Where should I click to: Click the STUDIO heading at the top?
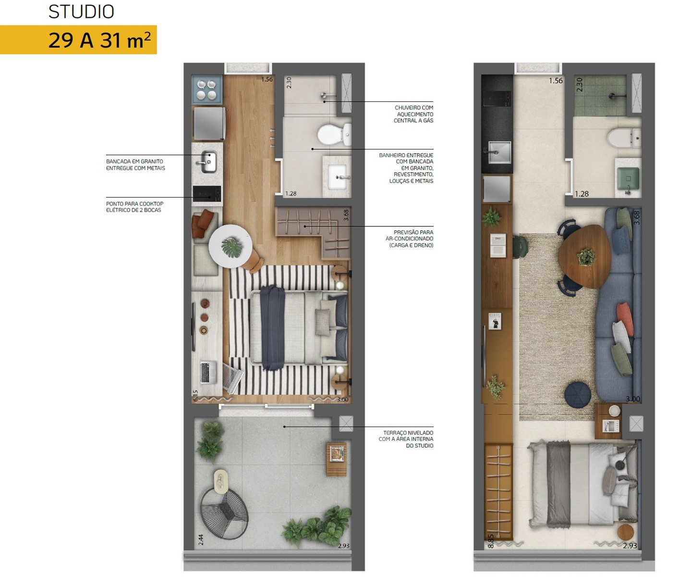coord(81,12)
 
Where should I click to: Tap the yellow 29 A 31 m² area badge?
coord(78,40)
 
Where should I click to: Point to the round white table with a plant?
coord(230,246)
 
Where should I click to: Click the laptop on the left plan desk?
coord(208,372)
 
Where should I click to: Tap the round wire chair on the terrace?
coord(225,514)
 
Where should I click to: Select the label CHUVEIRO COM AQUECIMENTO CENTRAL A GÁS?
coord(413,114)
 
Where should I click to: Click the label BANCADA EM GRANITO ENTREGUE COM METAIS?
coord(135,165)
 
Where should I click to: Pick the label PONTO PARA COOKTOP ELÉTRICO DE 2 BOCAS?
coord(134,207)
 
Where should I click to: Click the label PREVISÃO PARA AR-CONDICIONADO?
coord(410,239)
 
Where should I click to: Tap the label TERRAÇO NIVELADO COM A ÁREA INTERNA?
coord(406,439)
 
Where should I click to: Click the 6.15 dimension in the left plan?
coord(195,396)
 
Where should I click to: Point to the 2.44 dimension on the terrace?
coord(201,540)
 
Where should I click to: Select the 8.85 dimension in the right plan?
coord(491,541)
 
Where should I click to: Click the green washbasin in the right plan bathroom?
coord(628,179)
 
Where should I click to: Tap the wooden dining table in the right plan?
coord(584,256)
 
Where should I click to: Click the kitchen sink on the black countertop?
coord(499,152)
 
